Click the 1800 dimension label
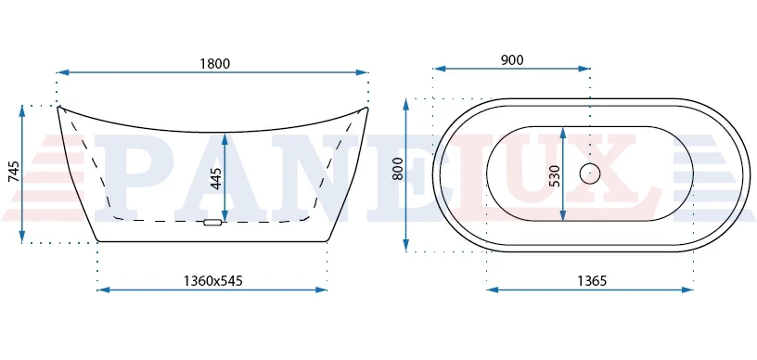coord(215,63)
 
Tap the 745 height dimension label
coord(15,172)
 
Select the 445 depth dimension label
coord(217,178)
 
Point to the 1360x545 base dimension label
coord(213,280)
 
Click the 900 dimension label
coord(512,59)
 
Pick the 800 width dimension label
coord(398,170)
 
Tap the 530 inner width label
coord(555,175)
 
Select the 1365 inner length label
coord(592,280)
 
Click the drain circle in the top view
coord(589,174)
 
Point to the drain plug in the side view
coord(212,223)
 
